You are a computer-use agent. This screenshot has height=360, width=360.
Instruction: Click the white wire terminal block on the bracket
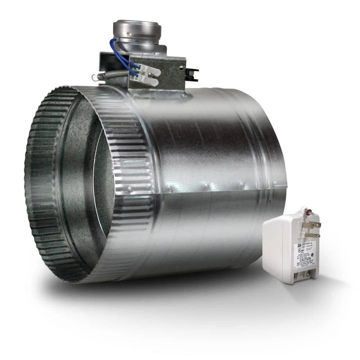click(x=149, y=75)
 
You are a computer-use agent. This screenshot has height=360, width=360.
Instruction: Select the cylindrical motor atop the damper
click(x=137, y=34)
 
